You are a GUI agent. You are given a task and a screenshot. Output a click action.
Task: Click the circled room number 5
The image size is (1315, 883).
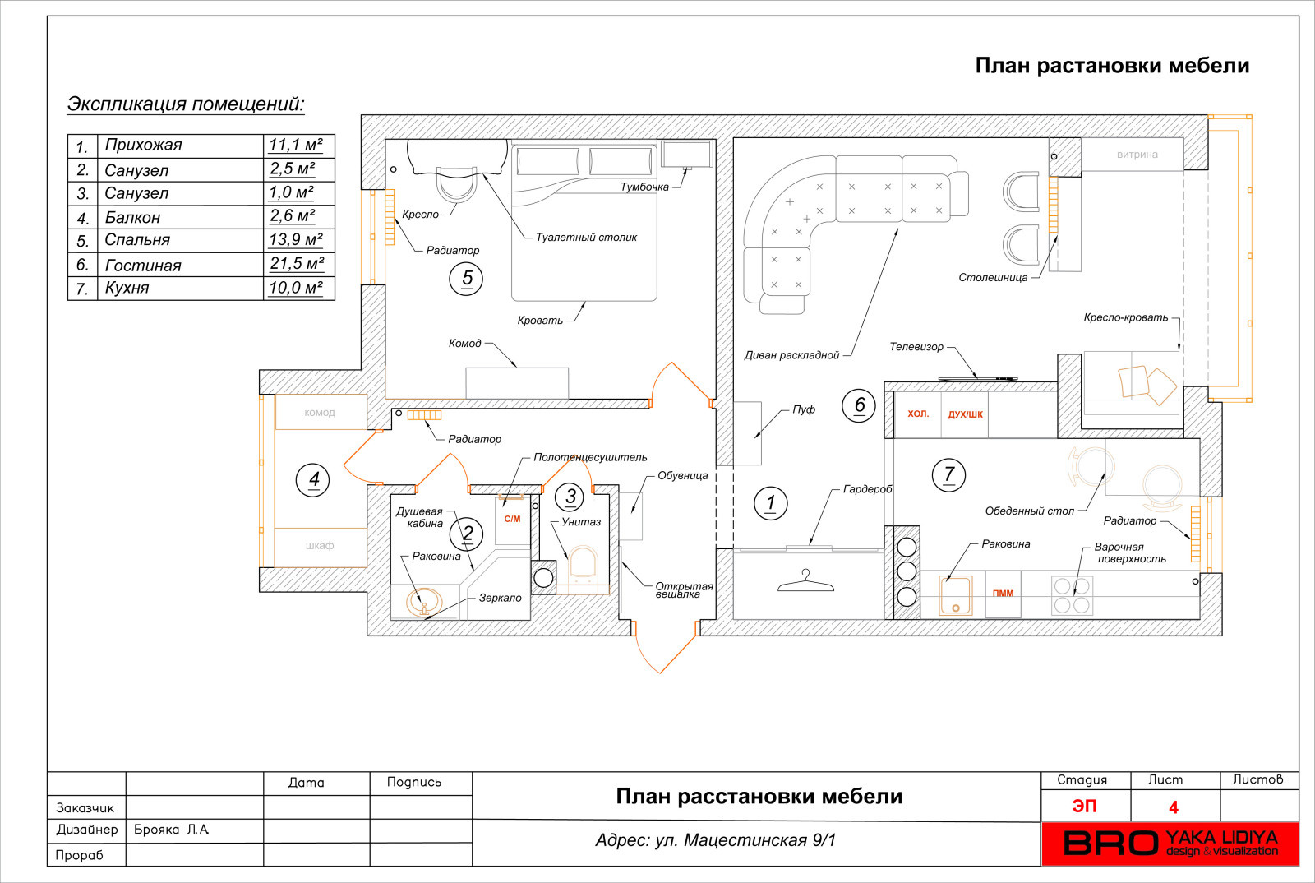pyautogui.click(x=466, y=279)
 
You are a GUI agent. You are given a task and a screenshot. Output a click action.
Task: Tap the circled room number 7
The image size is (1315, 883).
pyautogui.click(x=948, y=474)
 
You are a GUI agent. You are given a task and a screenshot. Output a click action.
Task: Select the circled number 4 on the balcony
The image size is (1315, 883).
pyautogui.click(x=313, y=479)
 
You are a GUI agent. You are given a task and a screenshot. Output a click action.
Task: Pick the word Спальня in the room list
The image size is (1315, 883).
pyautogui.click(x=137, y=240)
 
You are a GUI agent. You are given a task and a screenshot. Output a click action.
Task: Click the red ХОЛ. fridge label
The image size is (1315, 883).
pyautogui.click(x=918, y=414)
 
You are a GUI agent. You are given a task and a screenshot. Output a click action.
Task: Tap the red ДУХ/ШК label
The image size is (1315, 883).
pyautogui.click(x=965, y=414)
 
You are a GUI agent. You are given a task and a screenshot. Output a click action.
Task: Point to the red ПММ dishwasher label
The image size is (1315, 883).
pyautogui.click(x=1003, y=594)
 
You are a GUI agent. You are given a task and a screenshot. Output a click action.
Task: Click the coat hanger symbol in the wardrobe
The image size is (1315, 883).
pyautogui.click(x=805, y=582)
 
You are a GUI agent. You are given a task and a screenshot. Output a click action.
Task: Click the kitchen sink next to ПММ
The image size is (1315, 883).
pyautogui.click(x=956, y=595)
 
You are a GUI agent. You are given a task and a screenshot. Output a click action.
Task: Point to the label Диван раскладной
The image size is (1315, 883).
pyautogui.click(x=791, y=355)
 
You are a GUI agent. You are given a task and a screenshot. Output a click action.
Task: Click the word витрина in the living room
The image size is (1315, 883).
pyautogui.click(x=1137, y=155)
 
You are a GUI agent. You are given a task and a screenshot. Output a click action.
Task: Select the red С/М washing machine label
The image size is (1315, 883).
pyautogui.click(x=512, y=519)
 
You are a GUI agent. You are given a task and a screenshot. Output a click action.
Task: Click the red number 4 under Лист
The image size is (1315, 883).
pyautogui.click(x=1174, y=807)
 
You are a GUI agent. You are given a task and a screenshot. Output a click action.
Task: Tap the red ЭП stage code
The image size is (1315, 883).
pyautogui.click(x=1084, y=807)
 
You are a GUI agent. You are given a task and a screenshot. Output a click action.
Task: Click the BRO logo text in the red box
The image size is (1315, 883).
pyautogui.click(x=1110, y=844)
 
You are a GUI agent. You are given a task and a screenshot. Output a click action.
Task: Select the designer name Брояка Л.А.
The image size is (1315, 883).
pyautogui.click(x=171, y=830)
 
